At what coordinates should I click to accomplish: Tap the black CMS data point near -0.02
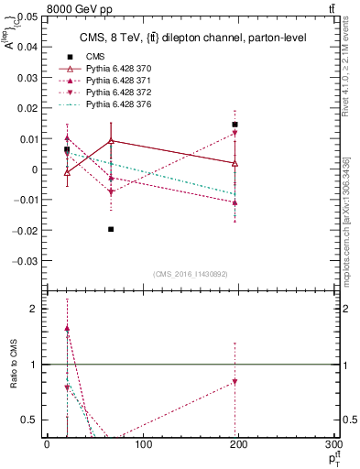tap(111, 229)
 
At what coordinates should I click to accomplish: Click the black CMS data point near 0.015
tap(235, 125)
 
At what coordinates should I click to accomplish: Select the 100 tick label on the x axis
tap(143, 444)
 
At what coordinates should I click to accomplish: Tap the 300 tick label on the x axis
tap(332, 444)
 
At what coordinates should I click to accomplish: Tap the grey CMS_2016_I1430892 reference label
tap(191, 274)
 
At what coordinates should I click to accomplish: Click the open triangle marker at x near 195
tap(235, 163)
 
